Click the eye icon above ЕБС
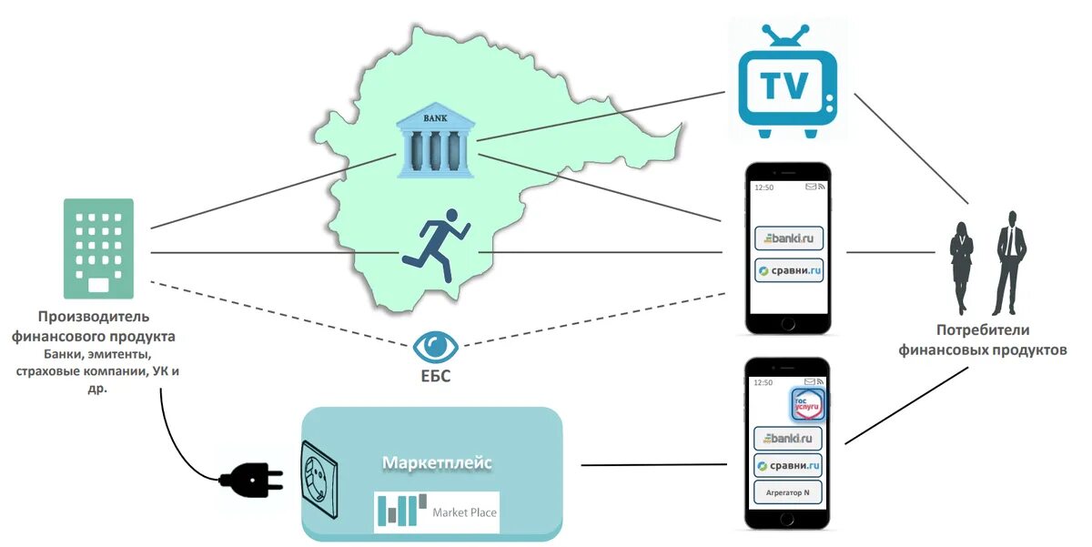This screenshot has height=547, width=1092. [437, 346]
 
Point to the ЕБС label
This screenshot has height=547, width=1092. [437, 376]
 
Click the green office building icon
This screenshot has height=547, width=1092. [98, 248]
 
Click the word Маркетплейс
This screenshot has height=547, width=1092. [437, 463]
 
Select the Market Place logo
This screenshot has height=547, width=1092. [437, 512]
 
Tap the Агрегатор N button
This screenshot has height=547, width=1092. [788, 493]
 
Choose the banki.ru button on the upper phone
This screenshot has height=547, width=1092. [788, 239]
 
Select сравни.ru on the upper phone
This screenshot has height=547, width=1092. [788, 270]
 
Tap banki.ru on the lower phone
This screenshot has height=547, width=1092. [788, 439]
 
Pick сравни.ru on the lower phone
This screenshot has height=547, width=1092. [788, 466]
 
